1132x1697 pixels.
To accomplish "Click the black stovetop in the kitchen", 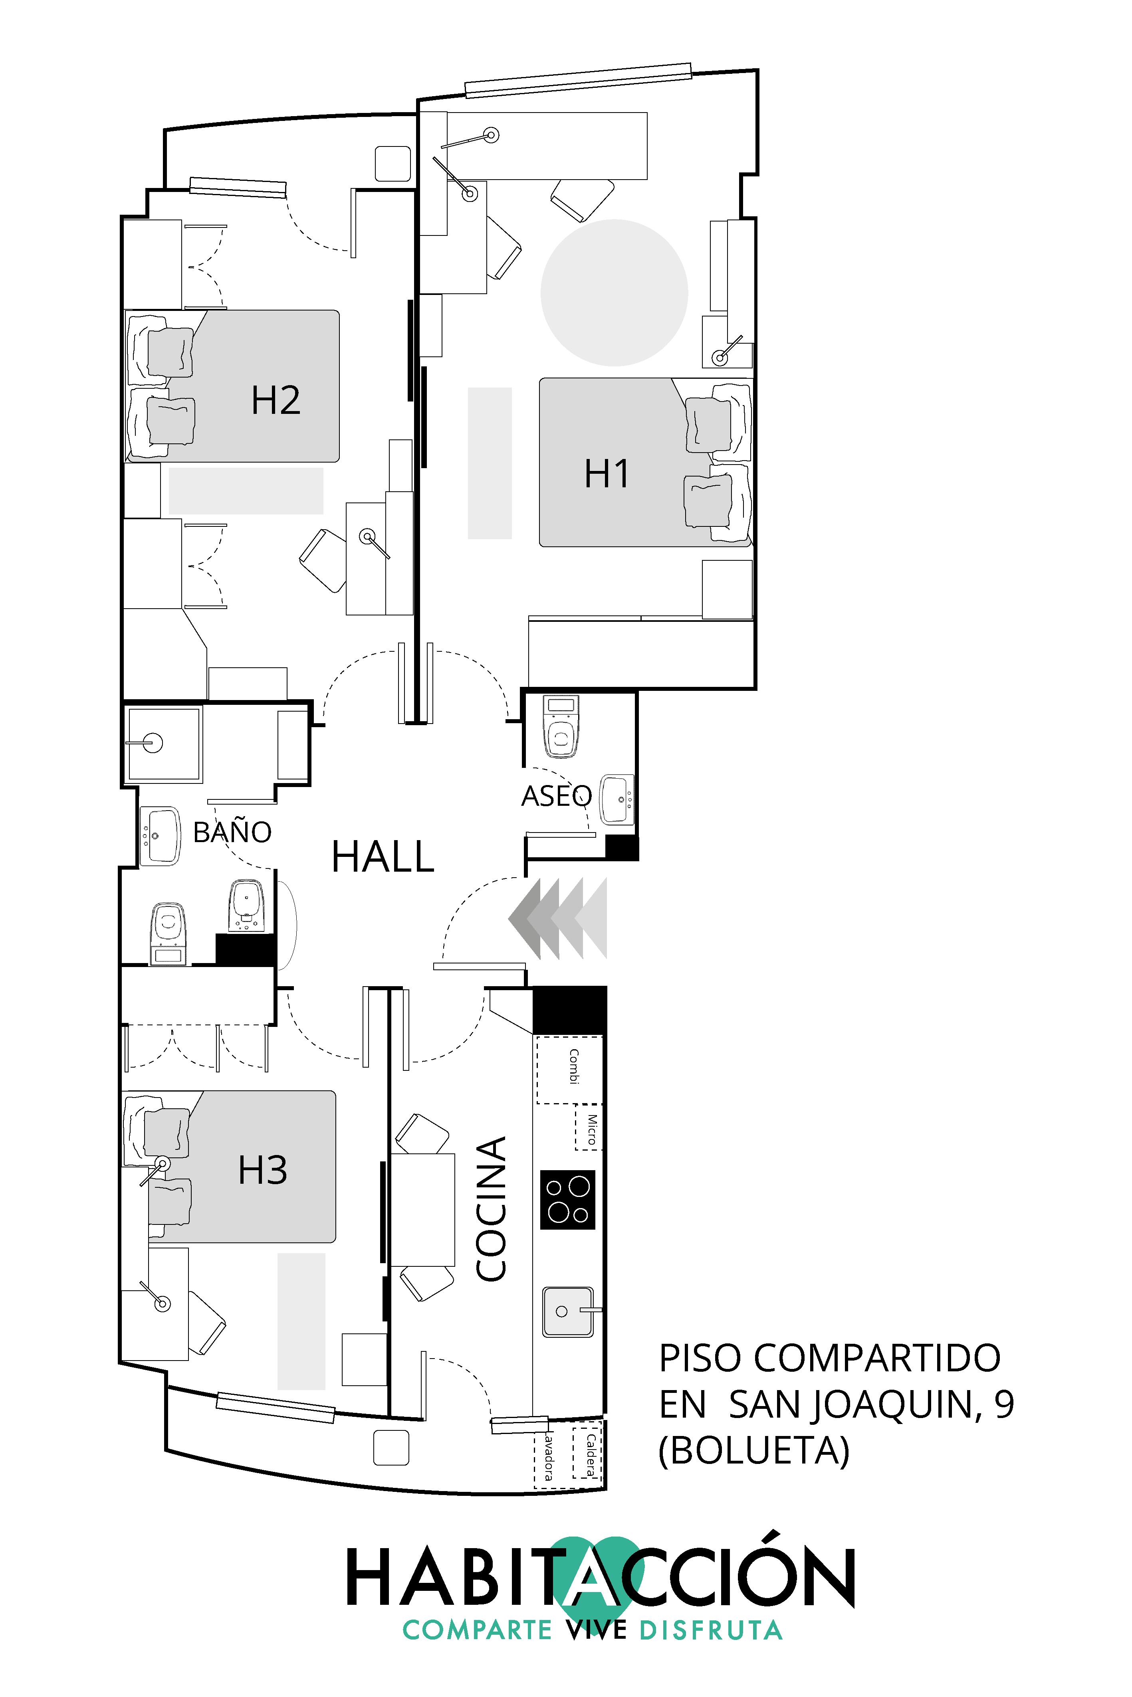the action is [567, 1199].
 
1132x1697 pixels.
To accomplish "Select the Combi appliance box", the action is [569, 1070].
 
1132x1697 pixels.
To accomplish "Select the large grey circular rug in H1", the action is [614, 292].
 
